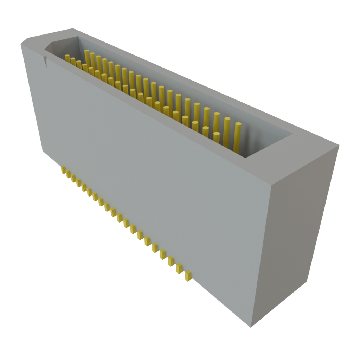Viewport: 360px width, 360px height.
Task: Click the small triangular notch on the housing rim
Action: pyautogui.click(x=45, y=61)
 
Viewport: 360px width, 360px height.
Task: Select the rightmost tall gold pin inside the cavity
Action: pyautogui.click(x=238, y=137)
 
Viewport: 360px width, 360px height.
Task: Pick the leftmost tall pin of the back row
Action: pyautogui.click(x=86, y=56)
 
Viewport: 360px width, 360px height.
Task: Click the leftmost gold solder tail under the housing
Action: pyautogui.click(x=63, y=171)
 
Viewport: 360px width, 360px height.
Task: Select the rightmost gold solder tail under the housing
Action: pyautogui.click(x=188, y=275)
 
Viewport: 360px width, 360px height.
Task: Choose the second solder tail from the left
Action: pyautogui.click(x=68, y=175)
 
